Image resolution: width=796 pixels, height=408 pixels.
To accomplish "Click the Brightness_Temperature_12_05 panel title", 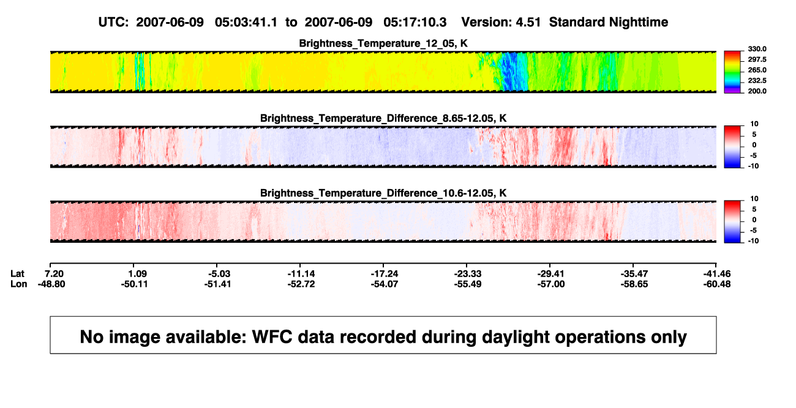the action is point(383,43).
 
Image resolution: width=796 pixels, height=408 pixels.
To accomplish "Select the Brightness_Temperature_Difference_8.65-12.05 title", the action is point(383,118).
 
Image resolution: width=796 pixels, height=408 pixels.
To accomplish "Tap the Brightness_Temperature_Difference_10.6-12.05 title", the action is point(383,193).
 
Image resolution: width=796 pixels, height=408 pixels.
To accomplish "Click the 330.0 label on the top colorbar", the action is point(757,49).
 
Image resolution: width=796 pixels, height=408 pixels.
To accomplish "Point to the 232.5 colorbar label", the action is point(757,81).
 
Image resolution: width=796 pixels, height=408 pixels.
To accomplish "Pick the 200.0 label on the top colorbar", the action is point(757,91).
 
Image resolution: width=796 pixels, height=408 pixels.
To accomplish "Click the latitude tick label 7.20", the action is point(54,274).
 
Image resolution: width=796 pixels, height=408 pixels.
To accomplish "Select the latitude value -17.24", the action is point(385,274).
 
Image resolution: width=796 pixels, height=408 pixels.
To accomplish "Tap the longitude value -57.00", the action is point(551,284).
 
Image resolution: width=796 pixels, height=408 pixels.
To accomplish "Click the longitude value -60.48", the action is point(717,284).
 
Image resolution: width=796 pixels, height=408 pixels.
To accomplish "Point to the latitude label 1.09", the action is point(137,274).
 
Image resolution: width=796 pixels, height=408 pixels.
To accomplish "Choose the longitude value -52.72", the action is point(301,284).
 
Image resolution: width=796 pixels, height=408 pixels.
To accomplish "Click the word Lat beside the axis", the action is point(17,274).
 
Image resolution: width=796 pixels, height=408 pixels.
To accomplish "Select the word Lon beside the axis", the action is point(19,284).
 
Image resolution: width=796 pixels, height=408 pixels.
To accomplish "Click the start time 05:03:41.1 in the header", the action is point(246,23).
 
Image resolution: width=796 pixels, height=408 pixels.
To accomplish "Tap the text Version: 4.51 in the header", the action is point(501,23).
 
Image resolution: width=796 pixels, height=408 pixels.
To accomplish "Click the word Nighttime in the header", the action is point(638,23).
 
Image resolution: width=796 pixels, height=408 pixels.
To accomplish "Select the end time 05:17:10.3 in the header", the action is point(415,23).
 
